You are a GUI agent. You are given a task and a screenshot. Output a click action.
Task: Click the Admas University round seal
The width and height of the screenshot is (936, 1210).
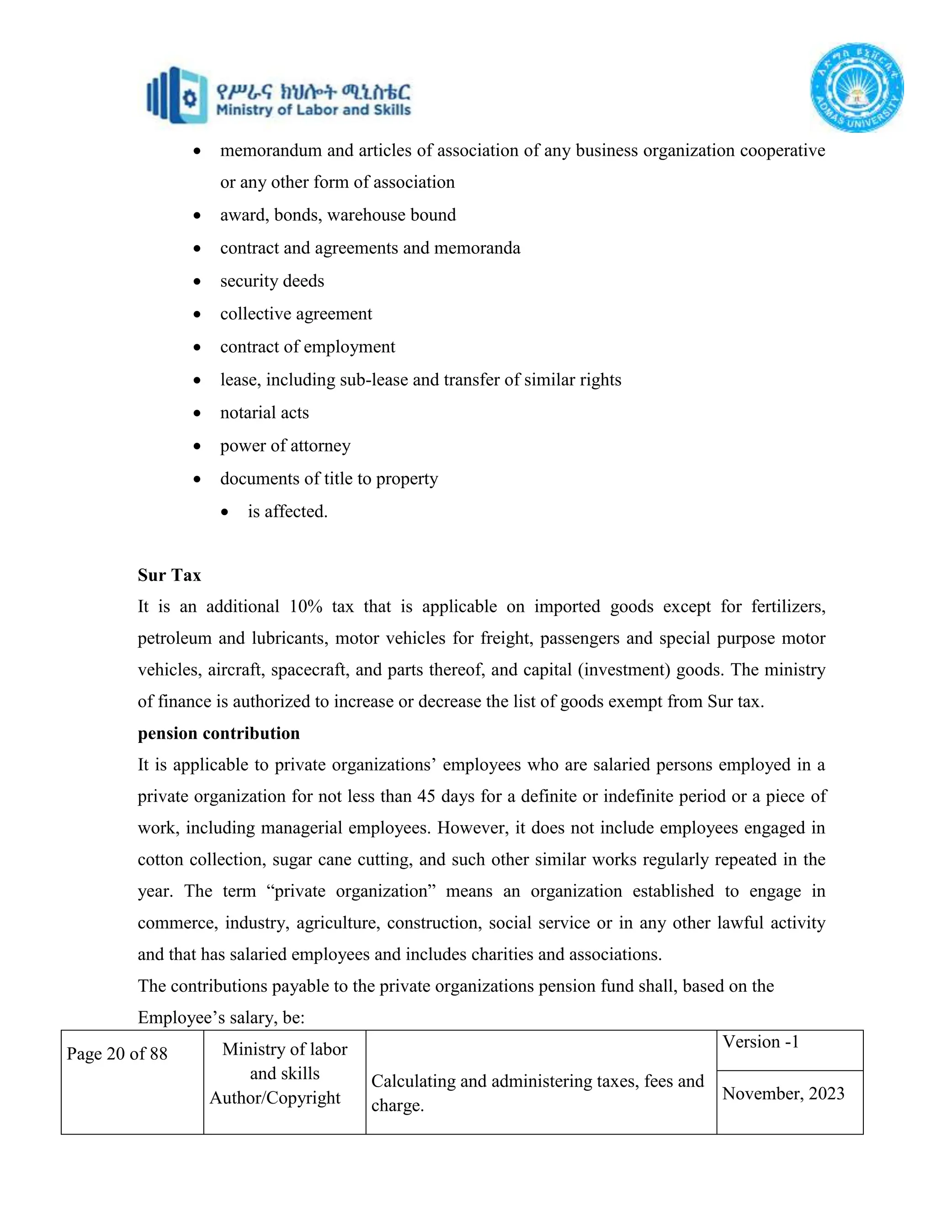pyautogui.click(x=857, y=88)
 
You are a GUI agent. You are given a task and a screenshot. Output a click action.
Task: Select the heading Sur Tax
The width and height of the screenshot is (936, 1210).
pyautogui.click(x=169, y=575)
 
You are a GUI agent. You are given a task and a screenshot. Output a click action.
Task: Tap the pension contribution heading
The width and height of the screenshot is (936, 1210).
pyautogui.click(x=218, y=733)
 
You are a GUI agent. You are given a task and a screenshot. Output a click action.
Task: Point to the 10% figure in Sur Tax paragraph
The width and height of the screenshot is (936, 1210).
pyautogui.click(x=306, y=607)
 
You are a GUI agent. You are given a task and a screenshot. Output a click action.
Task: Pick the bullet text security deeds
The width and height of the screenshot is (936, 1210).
pyautogui.click(x=272, y=281)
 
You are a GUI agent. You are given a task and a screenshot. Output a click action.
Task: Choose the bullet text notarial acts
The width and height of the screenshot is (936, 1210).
pyautogui.click(x=264, y=413)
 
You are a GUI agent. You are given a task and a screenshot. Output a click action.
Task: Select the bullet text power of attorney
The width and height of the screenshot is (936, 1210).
pyautogui.click(x=285, y=446)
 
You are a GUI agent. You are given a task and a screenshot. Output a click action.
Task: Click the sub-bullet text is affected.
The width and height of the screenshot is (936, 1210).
pyautogui.click(x=287, y=511)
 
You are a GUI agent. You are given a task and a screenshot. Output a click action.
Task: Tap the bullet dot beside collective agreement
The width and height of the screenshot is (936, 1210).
pyautogui.click(x=197, y=315)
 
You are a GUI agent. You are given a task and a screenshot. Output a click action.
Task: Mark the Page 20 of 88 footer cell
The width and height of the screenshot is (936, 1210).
pyautogui.click(x=117, y=1053)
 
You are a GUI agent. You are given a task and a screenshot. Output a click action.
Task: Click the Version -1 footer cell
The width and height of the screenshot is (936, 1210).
pyautogui.click(x=760, y=1042)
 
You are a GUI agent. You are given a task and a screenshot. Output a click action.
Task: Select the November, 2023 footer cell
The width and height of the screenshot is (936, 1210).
pyautogui.click(x=783, y=1093)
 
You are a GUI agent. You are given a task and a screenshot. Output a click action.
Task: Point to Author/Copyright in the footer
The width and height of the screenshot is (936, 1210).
pyautogui.click(x=275, y=1098)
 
